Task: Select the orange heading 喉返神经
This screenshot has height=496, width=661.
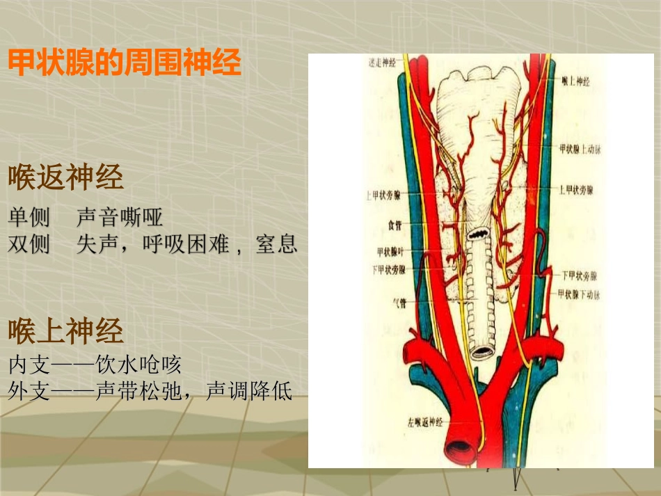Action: click(x=66, y=178)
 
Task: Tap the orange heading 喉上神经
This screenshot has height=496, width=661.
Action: click(x=66, y=331)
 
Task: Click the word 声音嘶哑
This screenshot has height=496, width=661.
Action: click(x=120, y=218)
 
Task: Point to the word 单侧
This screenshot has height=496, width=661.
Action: click(x=29, y=218)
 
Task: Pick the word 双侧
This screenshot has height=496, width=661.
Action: click(x=29, y=245)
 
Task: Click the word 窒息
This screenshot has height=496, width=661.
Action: click(x=276, y=245)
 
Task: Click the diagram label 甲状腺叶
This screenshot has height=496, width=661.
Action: click(x=390, y=251)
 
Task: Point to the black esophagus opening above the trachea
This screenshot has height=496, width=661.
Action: click(x=479, y=234)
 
